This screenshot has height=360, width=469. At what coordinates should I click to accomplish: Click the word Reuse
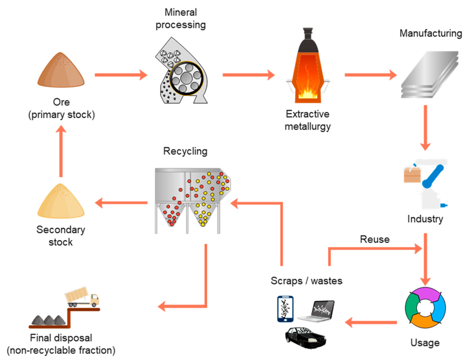(375, 239)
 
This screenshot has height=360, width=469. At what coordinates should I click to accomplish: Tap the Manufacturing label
(430, 34)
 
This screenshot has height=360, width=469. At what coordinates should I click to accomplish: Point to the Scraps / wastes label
(307, 281)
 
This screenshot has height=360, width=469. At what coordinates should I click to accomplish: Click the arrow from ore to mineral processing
(121, 74)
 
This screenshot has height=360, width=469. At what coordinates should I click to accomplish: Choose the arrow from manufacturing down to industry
(425, 127)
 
